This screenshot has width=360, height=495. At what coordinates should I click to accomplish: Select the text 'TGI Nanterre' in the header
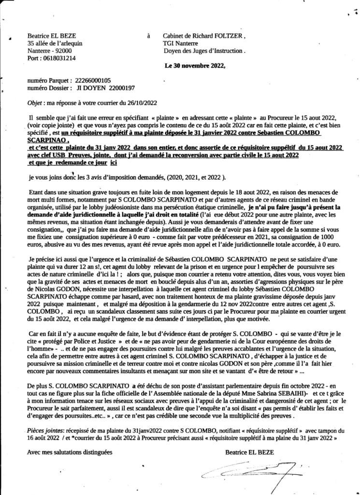[x=186, y=43]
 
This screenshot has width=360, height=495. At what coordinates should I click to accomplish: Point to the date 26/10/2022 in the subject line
[x=139, y=103]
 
